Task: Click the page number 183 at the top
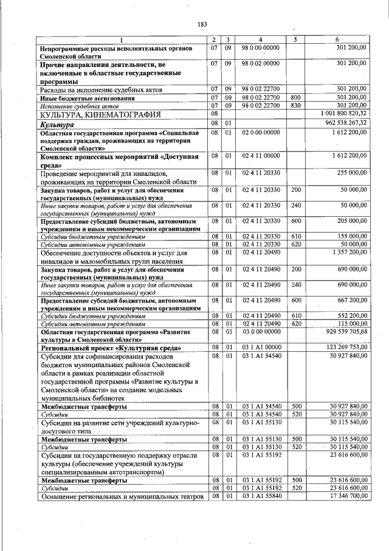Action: [202, 24]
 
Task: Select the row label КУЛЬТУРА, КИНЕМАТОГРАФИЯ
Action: [100, 114]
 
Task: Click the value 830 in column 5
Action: [296, 105]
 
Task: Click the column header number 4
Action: [260, 40]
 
